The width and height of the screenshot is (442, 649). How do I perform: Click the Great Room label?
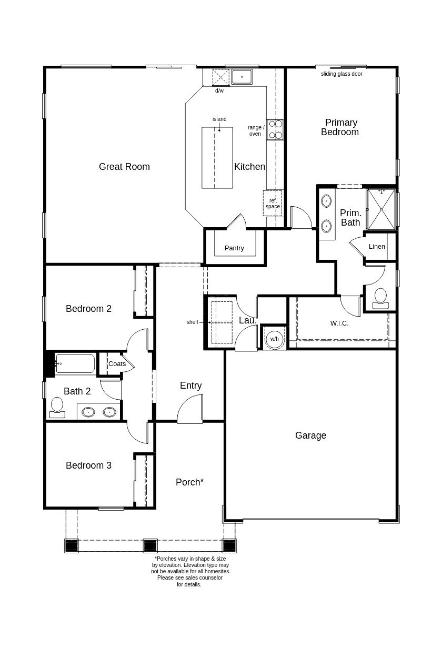124,167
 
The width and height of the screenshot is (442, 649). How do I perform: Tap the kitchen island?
217,157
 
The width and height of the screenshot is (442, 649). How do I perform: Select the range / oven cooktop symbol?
275,129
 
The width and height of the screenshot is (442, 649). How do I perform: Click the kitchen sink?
242,77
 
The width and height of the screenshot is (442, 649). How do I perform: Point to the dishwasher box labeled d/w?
220,77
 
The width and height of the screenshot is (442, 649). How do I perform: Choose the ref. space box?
273,204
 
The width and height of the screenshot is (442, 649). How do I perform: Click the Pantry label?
234,248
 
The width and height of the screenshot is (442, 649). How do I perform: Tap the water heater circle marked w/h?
274,339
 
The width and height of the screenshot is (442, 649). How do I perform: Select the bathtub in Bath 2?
75,363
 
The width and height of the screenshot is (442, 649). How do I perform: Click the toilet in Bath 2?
57,407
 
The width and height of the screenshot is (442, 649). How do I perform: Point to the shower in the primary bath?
381,209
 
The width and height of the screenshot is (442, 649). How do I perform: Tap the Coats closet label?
117,364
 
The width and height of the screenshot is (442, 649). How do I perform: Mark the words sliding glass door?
341,74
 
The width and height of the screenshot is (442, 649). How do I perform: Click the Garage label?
310,435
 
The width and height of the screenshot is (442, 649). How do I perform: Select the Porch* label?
189,482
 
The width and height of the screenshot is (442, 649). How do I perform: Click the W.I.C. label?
339,323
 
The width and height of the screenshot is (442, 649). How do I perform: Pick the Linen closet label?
377,247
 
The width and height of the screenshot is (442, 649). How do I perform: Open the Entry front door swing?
190,410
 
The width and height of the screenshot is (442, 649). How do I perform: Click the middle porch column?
150,545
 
